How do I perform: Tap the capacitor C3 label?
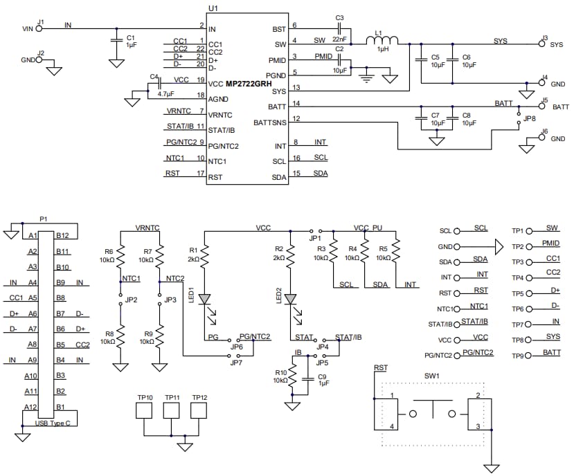(x=339, y=17)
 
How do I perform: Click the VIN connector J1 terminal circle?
(x=39, y=28)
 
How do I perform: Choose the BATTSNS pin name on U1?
(x=269, y=122)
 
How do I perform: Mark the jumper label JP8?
(x=530, y=118)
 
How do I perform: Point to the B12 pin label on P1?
(x=62, y=236)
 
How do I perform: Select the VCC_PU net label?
(x=367, y=227)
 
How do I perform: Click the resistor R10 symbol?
(x=292, y=378)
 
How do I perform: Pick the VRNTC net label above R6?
(x=147, y=227)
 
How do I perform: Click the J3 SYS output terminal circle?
(x=543, y=44)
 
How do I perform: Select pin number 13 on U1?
(x=296, y=88)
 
